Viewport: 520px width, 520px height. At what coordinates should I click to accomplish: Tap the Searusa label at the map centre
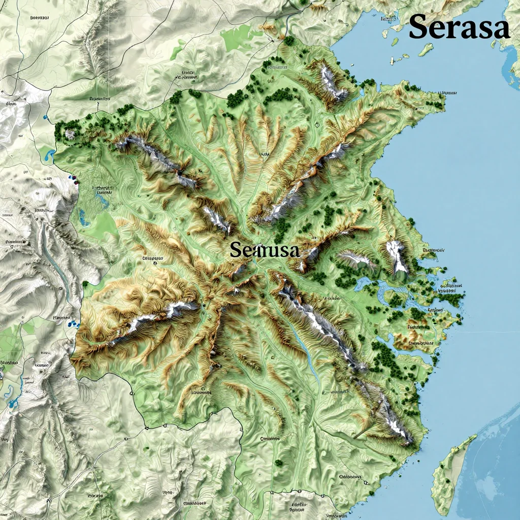tap(265, 249)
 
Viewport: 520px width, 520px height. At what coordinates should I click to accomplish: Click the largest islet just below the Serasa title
tap(426, 49)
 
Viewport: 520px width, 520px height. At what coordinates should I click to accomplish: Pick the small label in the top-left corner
tap(40, 18)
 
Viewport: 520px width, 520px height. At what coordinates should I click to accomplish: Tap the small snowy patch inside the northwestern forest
tap(70, 134)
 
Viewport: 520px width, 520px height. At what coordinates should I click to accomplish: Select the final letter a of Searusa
tap(293, 250)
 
